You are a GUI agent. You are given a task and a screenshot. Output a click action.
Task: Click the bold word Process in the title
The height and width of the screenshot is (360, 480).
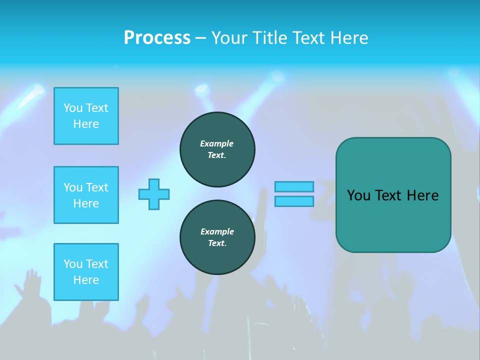[x=157, y=38]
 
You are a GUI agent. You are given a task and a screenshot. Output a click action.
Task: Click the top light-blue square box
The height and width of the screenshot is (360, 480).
[x=86, y=116]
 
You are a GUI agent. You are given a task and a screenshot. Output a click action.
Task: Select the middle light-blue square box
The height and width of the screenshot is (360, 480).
[x=86, y=195]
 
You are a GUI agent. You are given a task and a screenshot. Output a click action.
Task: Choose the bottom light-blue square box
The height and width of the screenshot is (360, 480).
[x=86, y=272]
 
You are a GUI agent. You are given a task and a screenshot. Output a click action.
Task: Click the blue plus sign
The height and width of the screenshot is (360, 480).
[x=154, y=194]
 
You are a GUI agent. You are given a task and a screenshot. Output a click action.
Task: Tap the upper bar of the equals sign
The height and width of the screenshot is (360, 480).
[x=294, y=186]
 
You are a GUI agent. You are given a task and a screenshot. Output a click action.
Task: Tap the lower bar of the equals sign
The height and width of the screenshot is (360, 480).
[x=294, y=201]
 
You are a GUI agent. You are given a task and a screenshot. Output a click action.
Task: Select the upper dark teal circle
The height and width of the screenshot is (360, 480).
[x=217, y=149]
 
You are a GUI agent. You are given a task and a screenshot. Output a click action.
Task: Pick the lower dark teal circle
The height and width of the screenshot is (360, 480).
[x=217, y=237]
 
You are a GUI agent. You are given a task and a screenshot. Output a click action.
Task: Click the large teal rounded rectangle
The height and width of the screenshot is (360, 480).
[x=393, y=220]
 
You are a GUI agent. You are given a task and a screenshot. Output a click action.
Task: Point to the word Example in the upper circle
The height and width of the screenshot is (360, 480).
[x=217, y=143]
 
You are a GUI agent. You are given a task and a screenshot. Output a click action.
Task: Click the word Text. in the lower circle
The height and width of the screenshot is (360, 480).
[x=217, y=243]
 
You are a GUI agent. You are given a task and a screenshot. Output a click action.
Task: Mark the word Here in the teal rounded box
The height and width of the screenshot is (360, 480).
[x=422, y=195]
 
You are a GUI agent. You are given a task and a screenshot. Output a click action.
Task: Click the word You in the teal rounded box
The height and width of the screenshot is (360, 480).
[x=358, y=195]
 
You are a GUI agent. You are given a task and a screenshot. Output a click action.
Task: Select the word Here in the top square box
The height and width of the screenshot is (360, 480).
[x=86, y=124]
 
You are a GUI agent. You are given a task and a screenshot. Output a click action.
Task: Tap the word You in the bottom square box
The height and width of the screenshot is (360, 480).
[x=73, y=264]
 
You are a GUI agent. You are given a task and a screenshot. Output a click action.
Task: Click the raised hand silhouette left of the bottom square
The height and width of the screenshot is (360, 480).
[x=31, y=282]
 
